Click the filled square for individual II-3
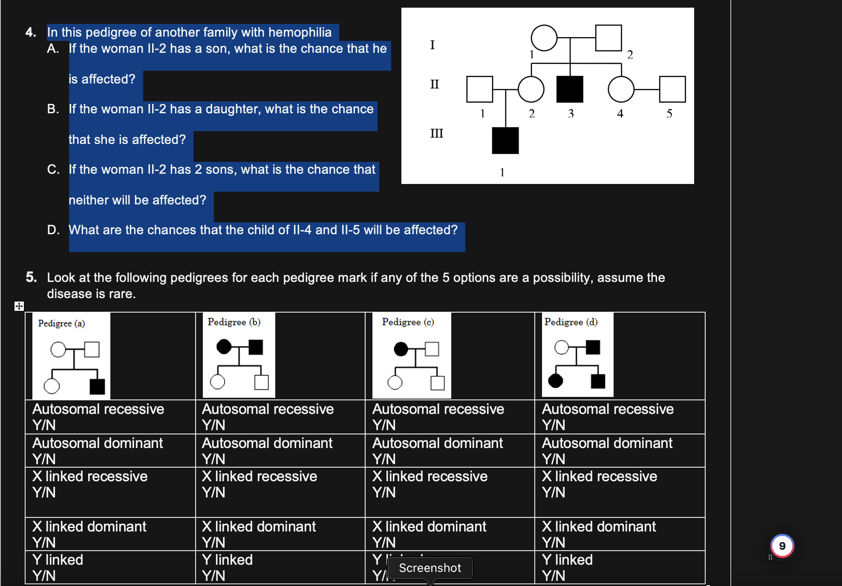click(570, 89)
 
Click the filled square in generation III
click(505, 141)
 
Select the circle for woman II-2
click(531, 89)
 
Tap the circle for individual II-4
click(621, 89)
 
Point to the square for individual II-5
click(672, 89)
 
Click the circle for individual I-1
click(544, 38)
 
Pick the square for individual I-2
click(608, 38)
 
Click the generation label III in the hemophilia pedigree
click(437, 134)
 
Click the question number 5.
click(31, 277)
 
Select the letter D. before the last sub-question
click(53, 230)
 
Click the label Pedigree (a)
click(61, 323)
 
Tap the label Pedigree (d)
click(571, 322)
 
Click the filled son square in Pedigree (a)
click(97, 387)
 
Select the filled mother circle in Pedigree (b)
click(224, 347)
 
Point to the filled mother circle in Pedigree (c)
click(401, 349)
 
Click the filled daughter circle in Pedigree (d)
click(555, 381)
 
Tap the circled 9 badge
click(782, 546)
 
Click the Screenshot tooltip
click(430, 568)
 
